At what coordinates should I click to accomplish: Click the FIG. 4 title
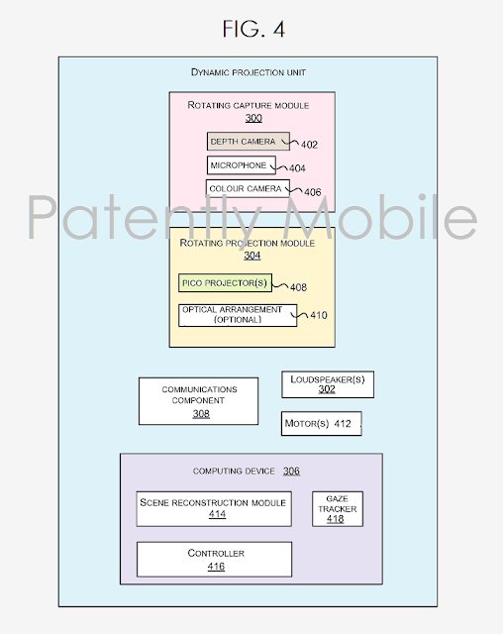click(253, 29)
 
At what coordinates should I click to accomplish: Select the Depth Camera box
click(249, 141)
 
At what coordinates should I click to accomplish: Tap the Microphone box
click(242, 165)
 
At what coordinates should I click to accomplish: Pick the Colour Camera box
click(248, 188)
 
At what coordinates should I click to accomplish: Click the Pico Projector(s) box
click(225, 282)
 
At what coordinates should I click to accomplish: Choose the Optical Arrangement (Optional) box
click(238, 315)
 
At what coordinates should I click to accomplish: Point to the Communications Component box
click(198, 401)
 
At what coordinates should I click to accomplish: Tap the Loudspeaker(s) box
click(328, 384)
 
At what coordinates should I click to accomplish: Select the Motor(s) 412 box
click(321, 423)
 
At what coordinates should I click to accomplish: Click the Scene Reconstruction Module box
click(214, 508)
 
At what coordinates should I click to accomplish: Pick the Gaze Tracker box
click(338, 508)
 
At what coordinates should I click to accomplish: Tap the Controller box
click(214, 559)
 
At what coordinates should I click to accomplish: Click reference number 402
click(310, 145)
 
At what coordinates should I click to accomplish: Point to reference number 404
click(297, 168)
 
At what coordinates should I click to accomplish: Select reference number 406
click(313, 192)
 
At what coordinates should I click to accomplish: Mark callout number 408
click(299, 287)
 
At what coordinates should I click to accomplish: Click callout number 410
click(319, 315)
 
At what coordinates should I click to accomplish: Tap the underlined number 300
click(253, 118)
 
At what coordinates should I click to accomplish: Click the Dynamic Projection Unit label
click(249, 72)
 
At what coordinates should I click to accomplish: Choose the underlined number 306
click(291, 471)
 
